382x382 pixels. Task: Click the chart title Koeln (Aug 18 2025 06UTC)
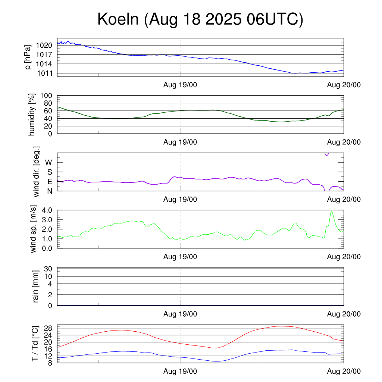click(x=200, y=20)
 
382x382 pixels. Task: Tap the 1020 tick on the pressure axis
click(x=44, y=46)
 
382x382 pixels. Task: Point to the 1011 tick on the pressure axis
click(x=44, y=73)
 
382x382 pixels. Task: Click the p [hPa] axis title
click(x=28, y=57)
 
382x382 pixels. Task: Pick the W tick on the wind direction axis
click(x=49, y=162)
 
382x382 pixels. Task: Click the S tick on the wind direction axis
click(x=50, y=172)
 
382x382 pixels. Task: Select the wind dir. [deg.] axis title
click(x=37, y=172)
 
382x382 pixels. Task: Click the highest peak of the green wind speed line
click(x=331, y=211)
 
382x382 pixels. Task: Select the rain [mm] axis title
click(x=36, y=286)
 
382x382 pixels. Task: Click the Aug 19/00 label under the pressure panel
click(x=180, y=85)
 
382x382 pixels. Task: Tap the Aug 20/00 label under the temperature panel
click(x=344, y=372)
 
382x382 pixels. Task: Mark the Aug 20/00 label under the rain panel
click(x=344, y=314)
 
